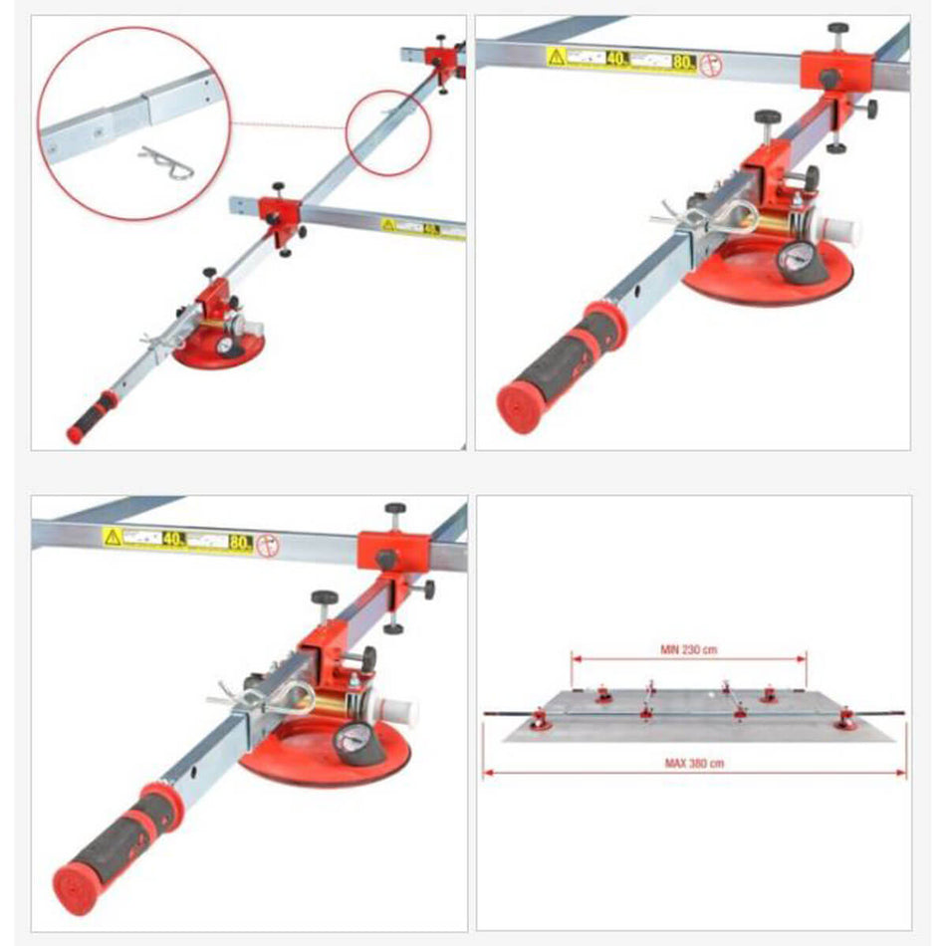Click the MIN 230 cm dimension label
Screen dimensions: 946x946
(x=689, y=649)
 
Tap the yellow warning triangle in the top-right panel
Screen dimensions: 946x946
(x=556, y=57)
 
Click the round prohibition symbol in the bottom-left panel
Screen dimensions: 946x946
(x=269, y=546)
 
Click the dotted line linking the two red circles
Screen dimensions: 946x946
(x=289, y=125)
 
